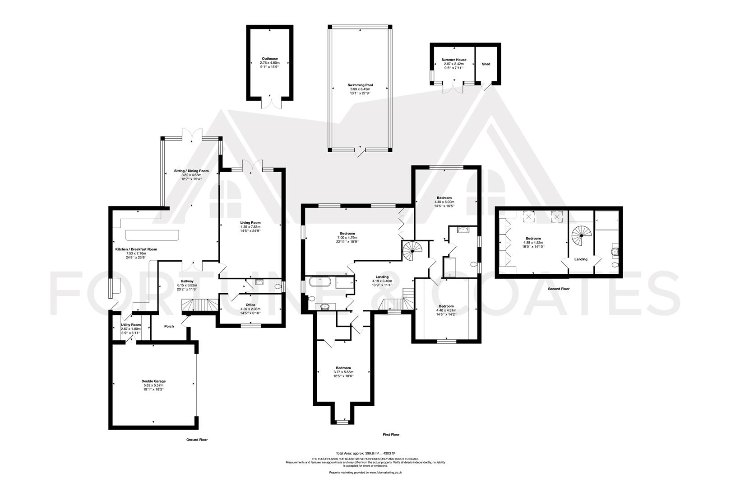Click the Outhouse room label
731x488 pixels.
coord(270,59)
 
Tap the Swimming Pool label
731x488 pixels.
coord(360,85)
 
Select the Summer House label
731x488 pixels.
coord(454,60)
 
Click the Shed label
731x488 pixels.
coord(486,64)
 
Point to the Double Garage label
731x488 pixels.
coord(153,381)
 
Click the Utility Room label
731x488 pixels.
coord(131,324)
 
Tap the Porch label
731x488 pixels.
coord(169,326)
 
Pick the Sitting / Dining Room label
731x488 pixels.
coord(192,171)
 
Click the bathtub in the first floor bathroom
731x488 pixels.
coord(321,283)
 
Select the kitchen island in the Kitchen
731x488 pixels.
coord(153,235)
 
